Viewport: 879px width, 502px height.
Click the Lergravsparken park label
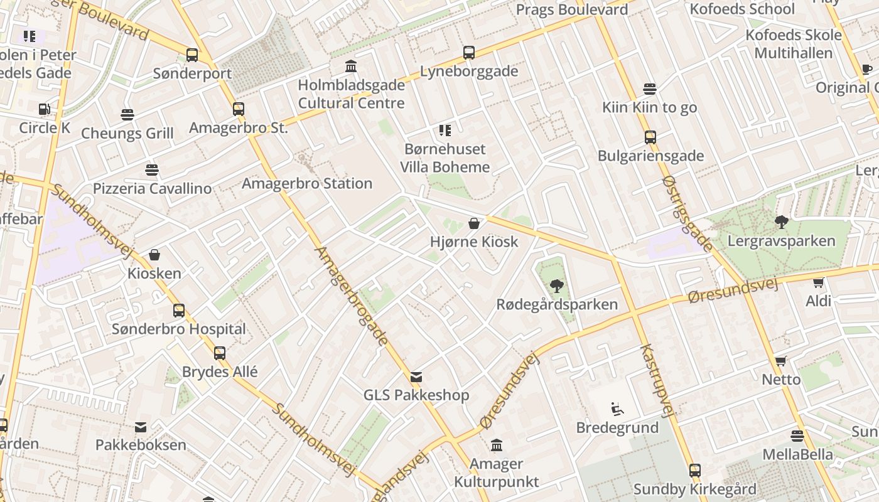click(781, 241)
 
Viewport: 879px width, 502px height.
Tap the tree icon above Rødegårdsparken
click(556, 287)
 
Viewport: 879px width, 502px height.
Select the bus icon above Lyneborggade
click(469, 53)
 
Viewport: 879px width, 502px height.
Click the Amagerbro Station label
click(307, 184)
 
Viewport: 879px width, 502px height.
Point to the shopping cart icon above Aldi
click(818, 283)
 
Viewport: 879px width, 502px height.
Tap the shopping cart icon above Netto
click(780, 361)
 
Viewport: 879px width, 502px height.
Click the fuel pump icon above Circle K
click(44, 109)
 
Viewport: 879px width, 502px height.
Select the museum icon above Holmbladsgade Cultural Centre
click(351, 66)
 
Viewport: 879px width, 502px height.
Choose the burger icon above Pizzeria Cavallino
click(151, 169)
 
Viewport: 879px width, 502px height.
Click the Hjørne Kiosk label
click(474, 242)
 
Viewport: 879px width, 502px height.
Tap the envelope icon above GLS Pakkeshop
click(416, 377)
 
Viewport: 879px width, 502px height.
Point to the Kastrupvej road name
click(657, 380)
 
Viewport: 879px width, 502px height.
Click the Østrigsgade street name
click(688, 213)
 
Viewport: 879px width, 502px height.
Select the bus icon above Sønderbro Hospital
click(179, 310)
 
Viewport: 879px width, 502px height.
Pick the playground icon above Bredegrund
click(617, 410)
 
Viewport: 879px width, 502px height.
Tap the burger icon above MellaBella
click(797, 435)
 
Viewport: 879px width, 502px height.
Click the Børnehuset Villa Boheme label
click(445, 158)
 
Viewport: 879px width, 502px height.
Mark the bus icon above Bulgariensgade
click(650, 137)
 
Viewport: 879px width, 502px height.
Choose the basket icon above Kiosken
click(154, 255)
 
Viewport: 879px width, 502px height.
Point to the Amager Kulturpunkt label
click(496, 473)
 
